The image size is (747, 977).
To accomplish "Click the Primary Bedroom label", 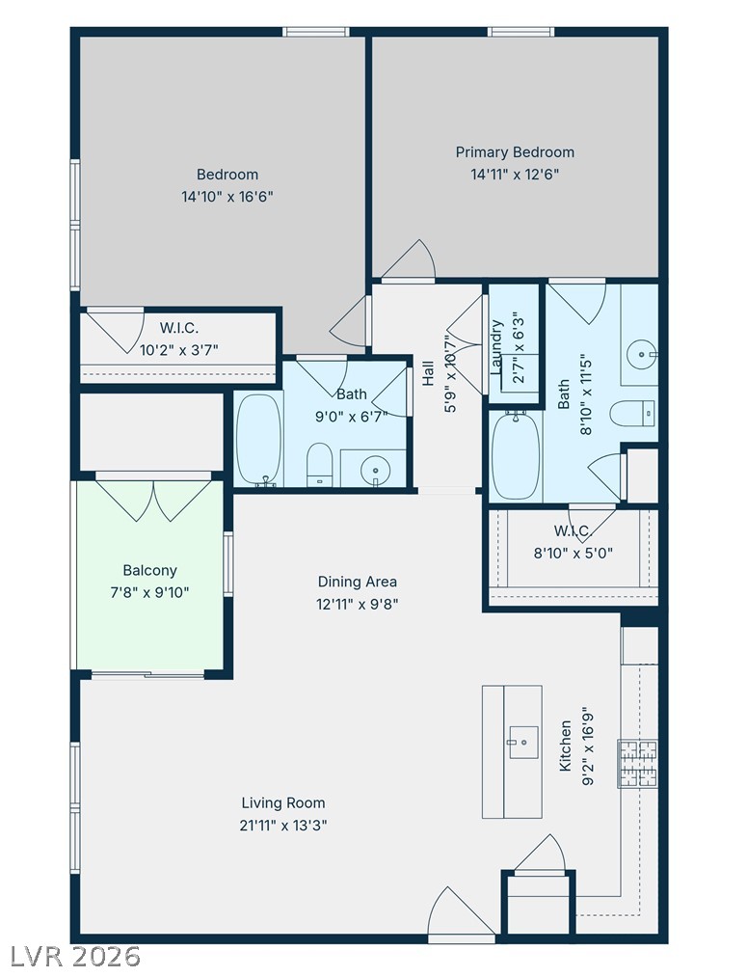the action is coord(515,152).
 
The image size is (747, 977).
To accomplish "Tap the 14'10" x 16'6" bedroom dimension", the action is coord(227,197).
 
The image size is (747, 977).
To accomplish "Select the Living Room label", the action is coord(283,803).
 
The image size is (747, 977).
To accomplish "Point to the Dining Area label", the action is coord(358,582).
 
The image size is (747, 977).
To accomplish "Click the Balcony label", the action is coord(150,570).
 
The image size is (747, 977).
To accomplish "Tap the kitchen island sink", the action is coord(524,742).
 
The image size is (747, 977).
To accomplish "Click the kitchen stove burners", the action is coord(637,764).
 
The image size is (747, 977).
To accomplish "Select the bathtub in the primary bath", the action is coord(516,456).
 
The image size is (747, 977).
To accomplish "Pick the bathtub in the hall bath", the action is coord(259,440).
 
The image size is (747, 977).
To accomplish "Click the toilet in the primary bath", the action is coord(632,414).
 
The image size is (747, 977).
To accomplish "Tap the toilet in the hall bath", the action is coord(320,464).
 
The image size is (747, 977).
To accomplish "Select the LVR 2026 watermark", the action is coord(76,956).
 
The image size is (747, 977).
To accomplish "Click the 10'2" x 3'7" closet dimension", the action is coord(178,350).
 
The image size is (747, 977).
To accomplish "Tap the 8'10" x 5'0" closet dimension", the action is coord(574,553).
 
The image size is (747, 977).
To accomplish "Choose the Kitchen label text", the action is coord(565,746).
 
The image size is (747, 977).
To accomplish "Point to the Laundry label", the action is coord(496,347).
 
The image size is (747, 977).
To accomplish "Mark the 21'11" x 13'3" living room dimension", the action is coord(283,826).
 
